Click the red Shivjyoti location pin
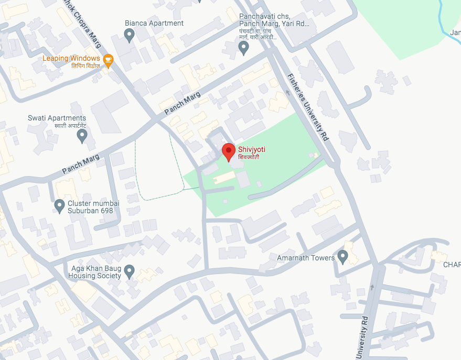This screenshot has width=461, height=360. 228,151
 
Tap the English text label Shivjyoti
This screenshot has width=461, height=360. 252,149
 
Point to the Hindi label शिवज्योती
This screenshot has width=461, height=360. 249,157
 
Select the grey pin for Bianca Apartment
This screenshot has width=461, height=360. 129,35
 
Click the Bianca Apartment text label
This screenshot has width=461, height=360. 154,23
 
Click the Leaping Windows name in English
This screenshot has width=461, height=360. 71,58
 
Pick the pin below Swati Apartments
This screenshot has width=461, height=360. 82,136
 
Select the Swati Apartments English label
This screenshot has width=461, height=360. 57,118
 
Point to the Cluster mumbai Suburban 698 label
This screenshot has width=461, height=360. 93,207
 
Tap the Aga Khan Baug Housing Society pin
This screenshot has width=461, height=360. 129,271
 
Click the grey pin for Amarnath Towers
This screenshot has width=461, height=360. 342,256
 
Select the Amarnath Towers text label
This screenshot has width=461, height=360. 306,258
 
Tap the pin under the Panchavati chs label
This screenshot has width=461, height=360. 243,48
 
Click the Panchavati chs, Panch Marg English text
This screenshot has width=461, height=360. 274,20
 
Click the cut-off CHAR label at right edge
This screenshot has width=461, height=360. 452,265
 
